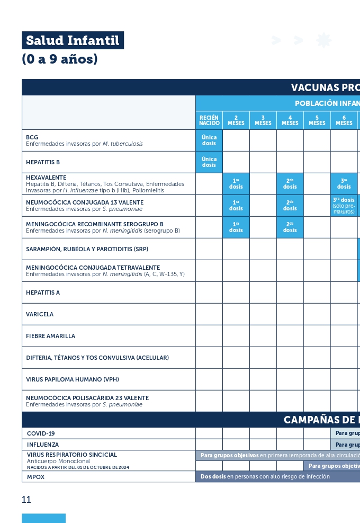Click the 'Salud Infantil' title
click(x=73, y=40)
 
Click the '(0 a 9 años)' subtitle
click(x=60, y=59)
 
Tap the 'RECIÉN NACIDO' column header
click(x=209, y=120)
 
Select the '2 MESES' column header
click(x=236, y=120)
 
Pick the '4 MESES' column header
click(x=290, y=120)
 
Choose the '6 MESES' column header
click(x=344, y=120)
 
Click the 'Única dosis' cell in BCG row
click(x=209, y=140)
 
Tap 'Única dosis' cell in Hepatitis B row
click(x=209, y=162)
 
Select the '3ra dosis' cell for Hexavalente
click(x=344, y=183)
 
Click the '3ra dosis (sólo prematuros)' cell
click(x=344, y=206)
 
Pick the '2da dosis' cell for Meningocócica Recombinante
click(x=290, y=227)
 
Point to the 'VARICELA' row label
click(x=40, y=314)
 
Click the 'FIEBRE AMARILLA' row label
click(x=51, y=336)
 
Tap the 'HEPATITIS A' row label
click(x=43, y=292)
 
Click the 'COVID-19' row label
click(x=41, y=433)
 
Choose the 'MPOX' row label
click(x=36, y=477)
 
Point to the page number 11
click(x=26, y=499)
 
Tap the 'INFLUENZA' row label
click(x=43, y=445)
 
